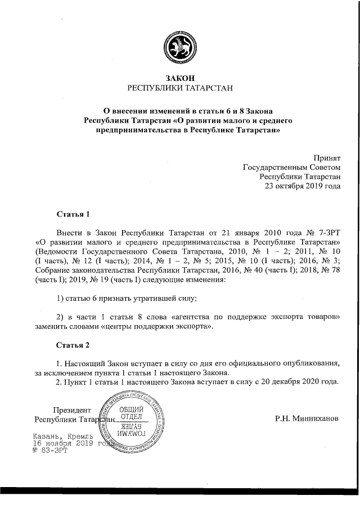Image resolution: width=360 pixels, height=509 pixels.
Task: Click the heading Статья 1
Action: pos(73,214)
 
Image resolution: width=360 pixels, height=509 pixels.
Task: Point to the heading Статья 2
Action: pos(73,344)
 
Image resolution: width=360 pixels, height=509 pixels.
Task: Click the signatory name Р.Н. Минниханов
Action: pos(307,418)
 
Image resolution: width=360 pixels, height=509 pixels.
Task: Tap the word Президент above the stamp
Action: pos(71,409)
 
